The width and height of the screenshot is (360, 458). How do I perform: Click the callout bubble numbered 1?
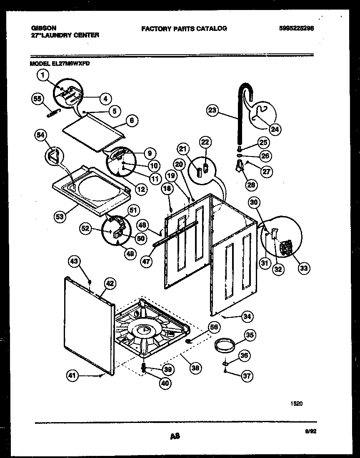point(42,75)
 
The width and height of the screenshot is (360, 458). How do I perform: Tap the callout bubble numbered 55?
point(38,98)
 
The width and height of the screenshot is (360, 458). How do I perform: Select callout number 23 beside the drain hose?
point(213,110)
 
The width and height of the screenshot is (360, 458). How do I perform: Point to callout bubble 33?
point(304,268)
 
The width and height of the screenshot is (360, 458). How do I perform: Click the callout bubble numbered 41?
point(73,376)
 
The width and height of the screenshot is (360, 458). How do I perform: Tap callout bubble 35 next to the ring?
point(250,335)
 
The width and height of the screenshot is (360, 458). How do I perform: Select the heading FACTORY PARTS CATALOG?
point(184,28)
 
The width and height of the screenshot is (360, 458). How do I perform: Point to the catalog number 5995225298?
point(297,28)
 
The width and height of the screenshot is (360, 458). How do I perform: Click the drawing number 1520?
point(296,403)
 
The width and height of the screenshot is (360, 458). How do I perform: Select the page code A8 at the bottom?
point(175,436)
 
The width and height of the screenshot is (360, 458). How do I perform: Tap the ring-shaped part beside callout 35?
point(223,345)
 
